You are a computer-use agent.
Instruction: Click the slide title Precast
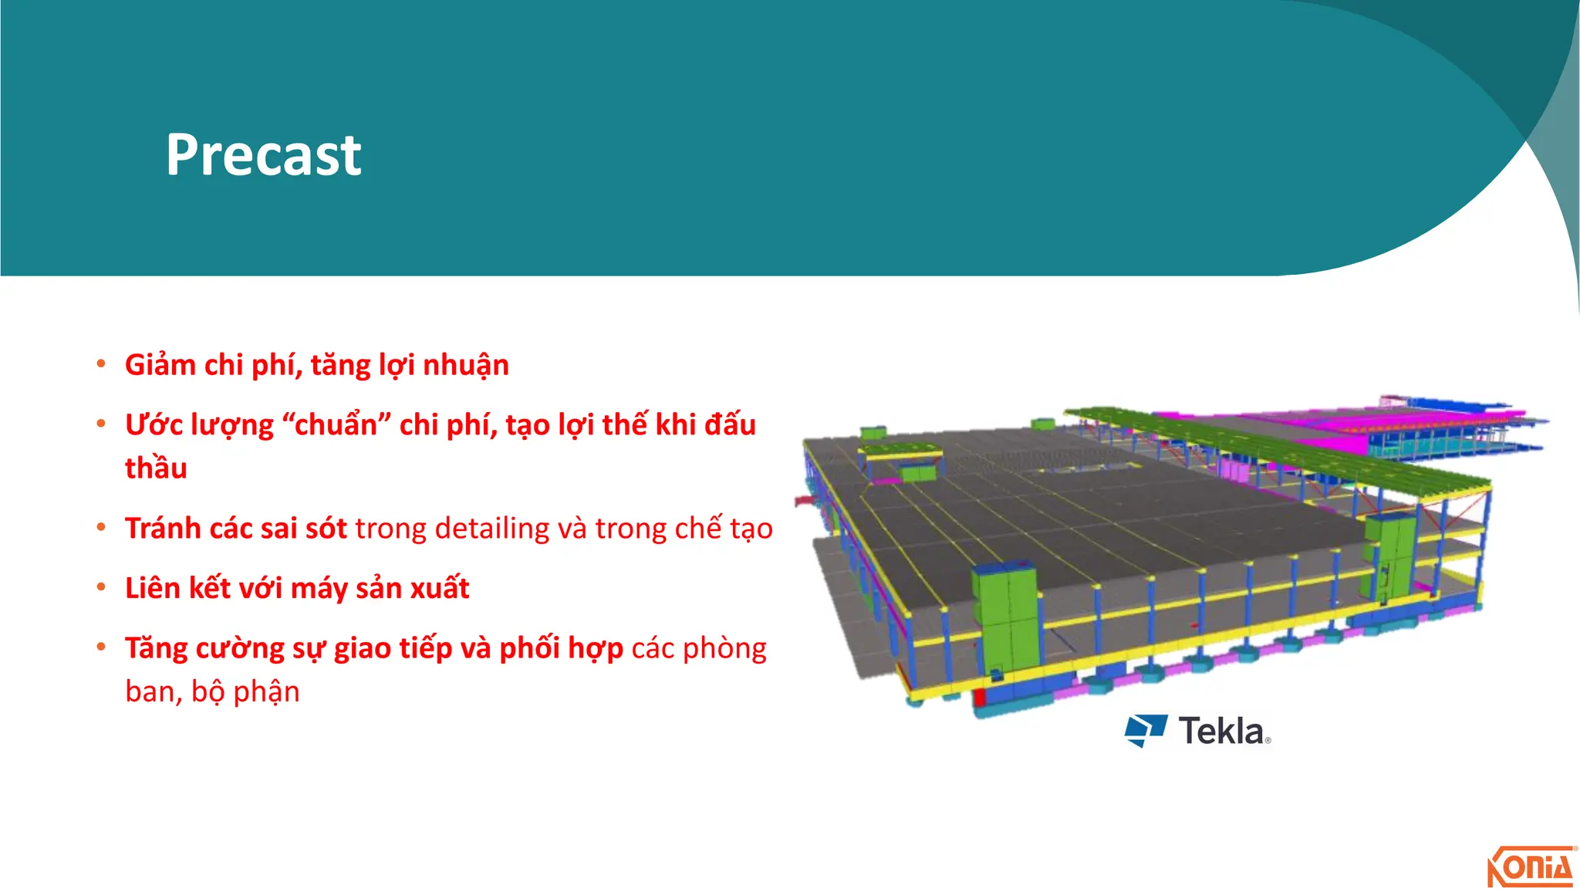click(263, 155)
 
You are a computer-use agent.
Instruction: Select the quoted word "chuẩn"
click(337, 425)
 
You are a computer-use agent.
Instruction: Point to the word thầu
click(156, 468)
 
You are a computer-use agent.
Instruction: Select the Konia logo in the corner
click(1531, 867)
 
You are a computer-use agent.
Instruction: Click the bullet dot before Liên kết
click(101, 588)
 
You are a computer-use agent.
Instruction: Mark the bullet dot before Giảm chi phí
click(101, 363)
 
